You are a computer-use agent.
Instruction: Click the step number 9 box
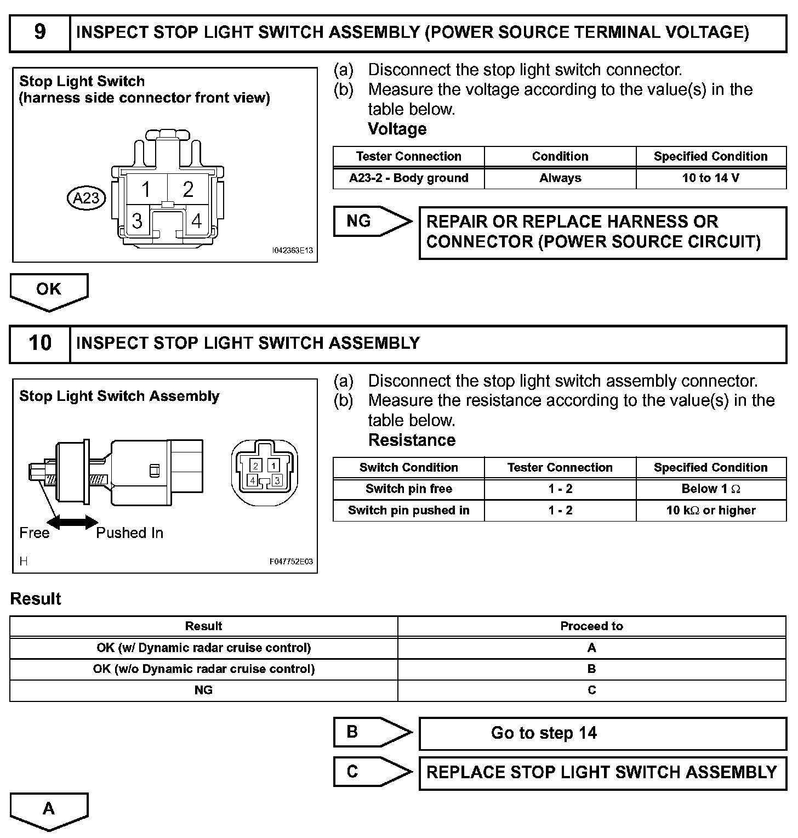40,32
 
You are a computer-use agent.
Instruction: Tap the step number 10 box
40,343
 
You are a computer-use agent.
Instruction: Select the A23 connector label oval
86,197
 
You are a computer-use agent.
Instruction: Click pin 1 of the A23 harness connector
146,189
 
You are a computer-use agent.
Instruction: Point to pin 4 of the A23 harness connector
196,220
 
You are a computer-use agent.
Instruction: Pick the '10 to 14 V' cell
710,178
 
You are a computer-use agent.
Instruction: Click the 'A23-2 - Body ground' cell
408,178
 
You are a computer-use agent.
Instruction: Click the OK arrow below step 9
49,290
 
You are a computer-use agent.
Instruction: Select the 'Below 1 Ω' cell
710,489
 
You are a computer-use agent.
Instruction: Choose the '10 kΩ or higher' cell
710,511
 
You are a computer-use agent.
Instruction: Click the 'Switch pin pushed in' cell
408,511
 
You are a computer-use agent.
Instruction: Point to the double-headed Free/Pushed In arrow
73,522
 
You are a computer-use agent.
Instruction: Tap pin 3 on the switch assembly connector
277,480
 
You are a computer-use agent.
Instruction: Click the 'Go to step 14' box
602,733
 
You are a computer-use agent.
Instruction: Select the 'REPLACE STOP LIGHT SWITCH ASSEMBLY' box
602,773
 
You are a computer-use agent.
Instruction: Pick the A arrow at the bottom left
49,810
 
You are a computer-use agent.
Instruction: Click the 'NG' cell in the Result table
203,690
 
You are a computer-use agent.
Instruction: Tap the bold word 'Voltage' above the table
397,129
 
